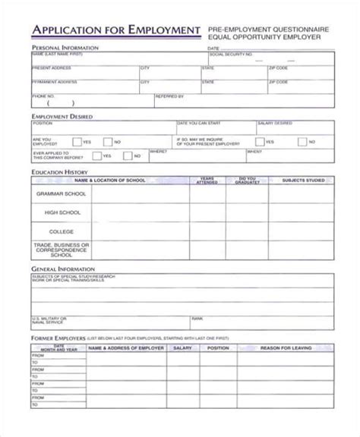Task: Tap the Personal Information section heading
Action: pyautogui.click(x=65, y=47)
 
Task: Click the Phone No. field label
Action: pyautogui.click(x=44, y=96)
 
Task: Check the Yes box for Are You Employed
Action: pyautogui.click(x=76, y=141)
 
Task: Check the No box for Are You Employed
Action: pyautogui.click(x=107, y=141)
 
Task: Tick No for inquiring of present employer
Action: pyautogui.click(x=302, y=141)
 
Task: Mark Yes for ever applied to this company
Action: pyautogui.click(x=96, y=156)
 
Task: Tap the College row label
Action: pyautogui.click(x=62, y=231)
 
